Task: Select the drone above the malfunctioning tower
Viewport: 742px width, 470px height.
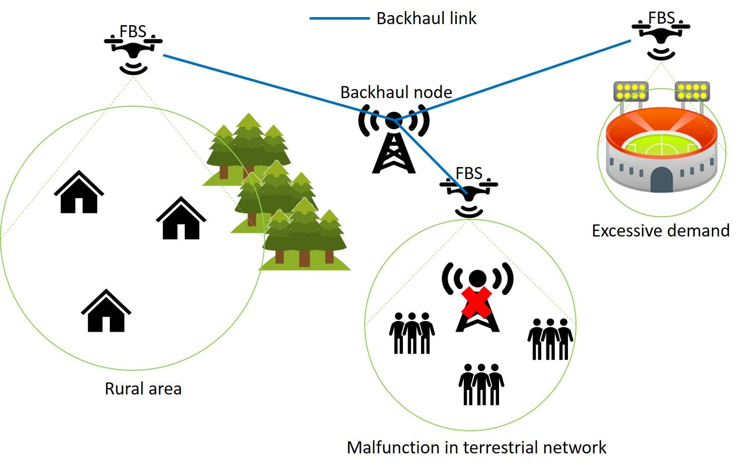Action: (469, 194)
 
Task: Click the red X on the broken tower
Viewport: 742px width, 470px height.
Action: (476, 302)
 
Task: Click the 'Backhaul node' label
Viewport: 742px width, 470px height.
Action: (396, 93)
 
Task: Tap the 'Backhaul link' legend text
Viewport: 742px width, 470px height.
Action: (426, 19)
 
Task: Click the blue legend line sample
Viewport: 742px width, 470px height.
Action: (339, 19)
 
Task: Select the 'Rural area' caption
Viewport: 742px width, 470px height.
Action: (143, 389)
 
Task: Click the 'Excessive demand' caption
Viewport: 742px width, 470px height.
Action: (660, 231)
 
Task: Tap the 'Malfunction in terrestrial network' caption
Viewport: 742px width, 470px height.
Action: (476, 447)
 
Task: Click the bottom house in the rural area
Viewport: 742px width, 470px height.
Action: (106, 311)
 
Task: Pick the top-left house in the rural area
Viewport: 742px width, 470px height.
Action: (79, 193)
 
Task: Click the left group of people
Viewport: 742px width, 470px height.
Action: (411, 333)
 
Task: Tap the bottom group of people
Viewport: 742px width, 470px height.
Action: (481, 384)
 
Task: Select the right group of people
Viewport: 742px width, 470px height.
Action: (550, 339)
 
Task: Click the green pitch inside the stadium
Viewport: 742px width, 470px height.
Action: (661, 145)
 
